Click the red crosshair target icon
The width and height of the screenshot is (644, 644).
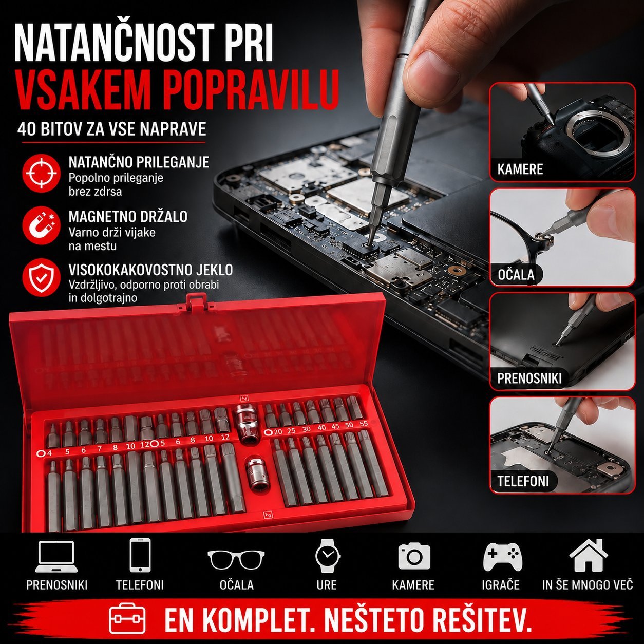(x=41, y=173)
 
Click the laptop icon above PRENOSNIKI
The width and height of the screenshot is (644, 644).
(x=56, y=557)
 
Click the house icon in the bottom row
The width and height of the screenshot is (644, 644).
(x=589, y=556)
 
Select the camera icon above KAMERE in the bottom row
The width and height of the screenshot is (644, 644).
(x=414, y=556)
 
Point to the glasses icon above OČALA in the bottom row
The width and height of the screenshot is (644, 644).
(x=236, y=559)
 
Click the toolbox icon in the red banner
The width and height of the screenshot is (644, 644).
(x=127, y=618)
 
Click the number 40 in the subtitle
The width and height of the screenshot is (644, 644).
(x=27, y=129)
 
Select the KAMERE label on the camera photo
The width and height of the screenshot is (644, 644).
(x=520, y=169)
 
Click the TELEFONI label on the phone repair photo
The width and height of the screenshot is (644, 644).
(x=523, y=481)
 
